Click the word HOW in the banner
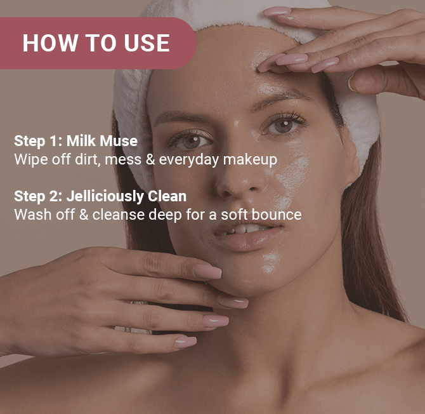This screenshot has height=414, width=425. (x=50, y=43)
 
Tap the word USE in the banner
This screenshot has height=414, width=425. (x=147, y=43)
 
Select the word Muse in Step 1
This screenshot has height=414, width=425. (x=119, y=141)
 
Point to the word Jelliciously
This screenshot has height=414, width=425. (x=105, y=197)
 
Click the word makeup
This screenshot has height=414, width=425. (x=250, y=159)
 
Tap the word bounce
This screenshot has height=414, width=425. (x=277, y=215)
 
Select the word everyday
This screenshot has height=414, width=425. (x=188, y=159)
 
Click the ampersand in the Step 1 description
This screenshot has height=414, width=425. (x=150, y=159)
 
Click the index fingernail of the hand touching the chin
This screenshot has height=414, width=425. (x=207, y=271)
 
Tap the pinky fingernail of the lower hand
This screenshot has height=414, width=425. (x=186, y=342)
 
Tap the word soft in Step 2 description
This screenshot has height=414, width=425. (x=234, y=215)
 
